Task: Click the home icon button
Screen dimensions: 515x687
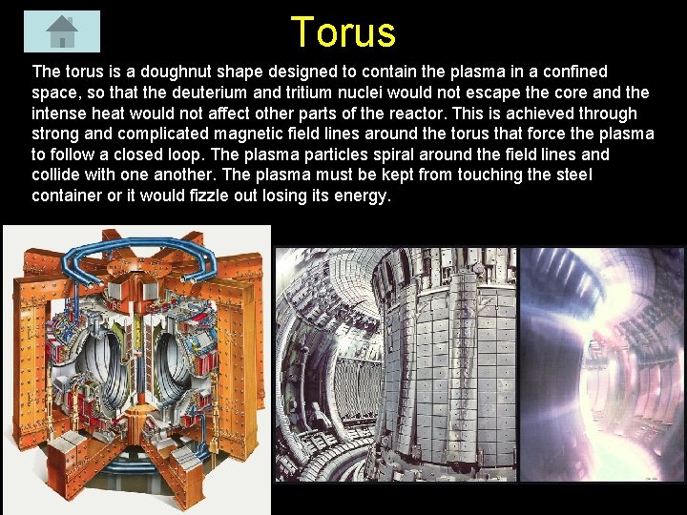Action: coord(62,31)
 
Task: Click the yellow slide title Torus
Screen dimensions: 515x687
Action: coord(343,31)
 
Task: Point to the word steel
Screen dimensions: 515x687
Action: coord(572,175)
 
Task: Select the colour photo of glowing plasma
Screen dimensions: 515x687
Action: coord(601,362)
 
